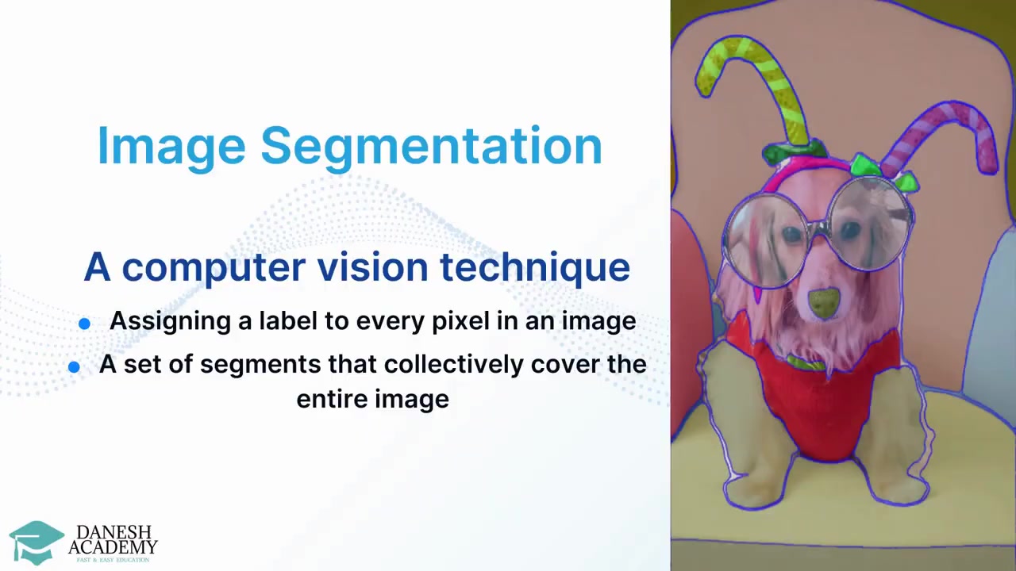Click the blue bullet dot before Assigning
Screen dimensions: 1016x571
(x=84, y=324)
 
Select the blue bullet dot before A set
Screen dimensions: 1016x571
(x=74, y=366)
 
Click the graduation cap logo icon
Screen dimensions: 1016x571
(x=37, y=541)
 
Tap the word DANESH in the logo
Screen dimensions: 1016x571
(x=114, y=532)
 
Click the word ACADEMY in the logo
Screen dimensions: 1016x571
(x=113, y=547)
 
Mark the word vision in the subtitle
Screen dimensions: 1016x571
(x=372, y=267)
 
